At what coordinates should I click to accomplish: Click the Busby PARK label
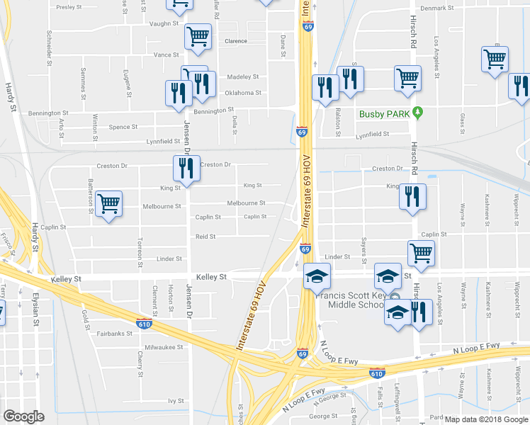(x=385, y=113)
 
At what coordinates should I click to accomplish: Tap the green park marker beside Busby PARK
(x=418, y=112)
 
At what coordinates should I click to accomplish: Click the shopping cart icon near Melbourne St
(x=108, y=205)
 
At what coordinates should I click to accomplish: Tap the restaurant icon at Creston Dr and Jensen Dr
(x=186, y=169)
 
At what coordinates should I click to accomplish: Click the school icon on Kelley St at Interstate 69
(x=317, y=276)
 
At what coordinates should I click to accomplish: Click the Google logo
(x=24, y=416)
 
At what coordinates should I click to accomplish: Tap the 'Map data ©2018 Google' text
(x=485, y=419)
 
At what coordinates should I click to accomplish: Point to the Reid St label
(x=205, y=237)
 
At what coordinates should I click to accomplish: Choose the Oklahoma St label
(x=243, y=93)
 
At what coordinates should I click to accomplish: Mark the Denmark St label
(x=436, y=8)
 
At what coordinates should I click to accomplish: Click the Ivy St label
(x=176, y=401)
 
